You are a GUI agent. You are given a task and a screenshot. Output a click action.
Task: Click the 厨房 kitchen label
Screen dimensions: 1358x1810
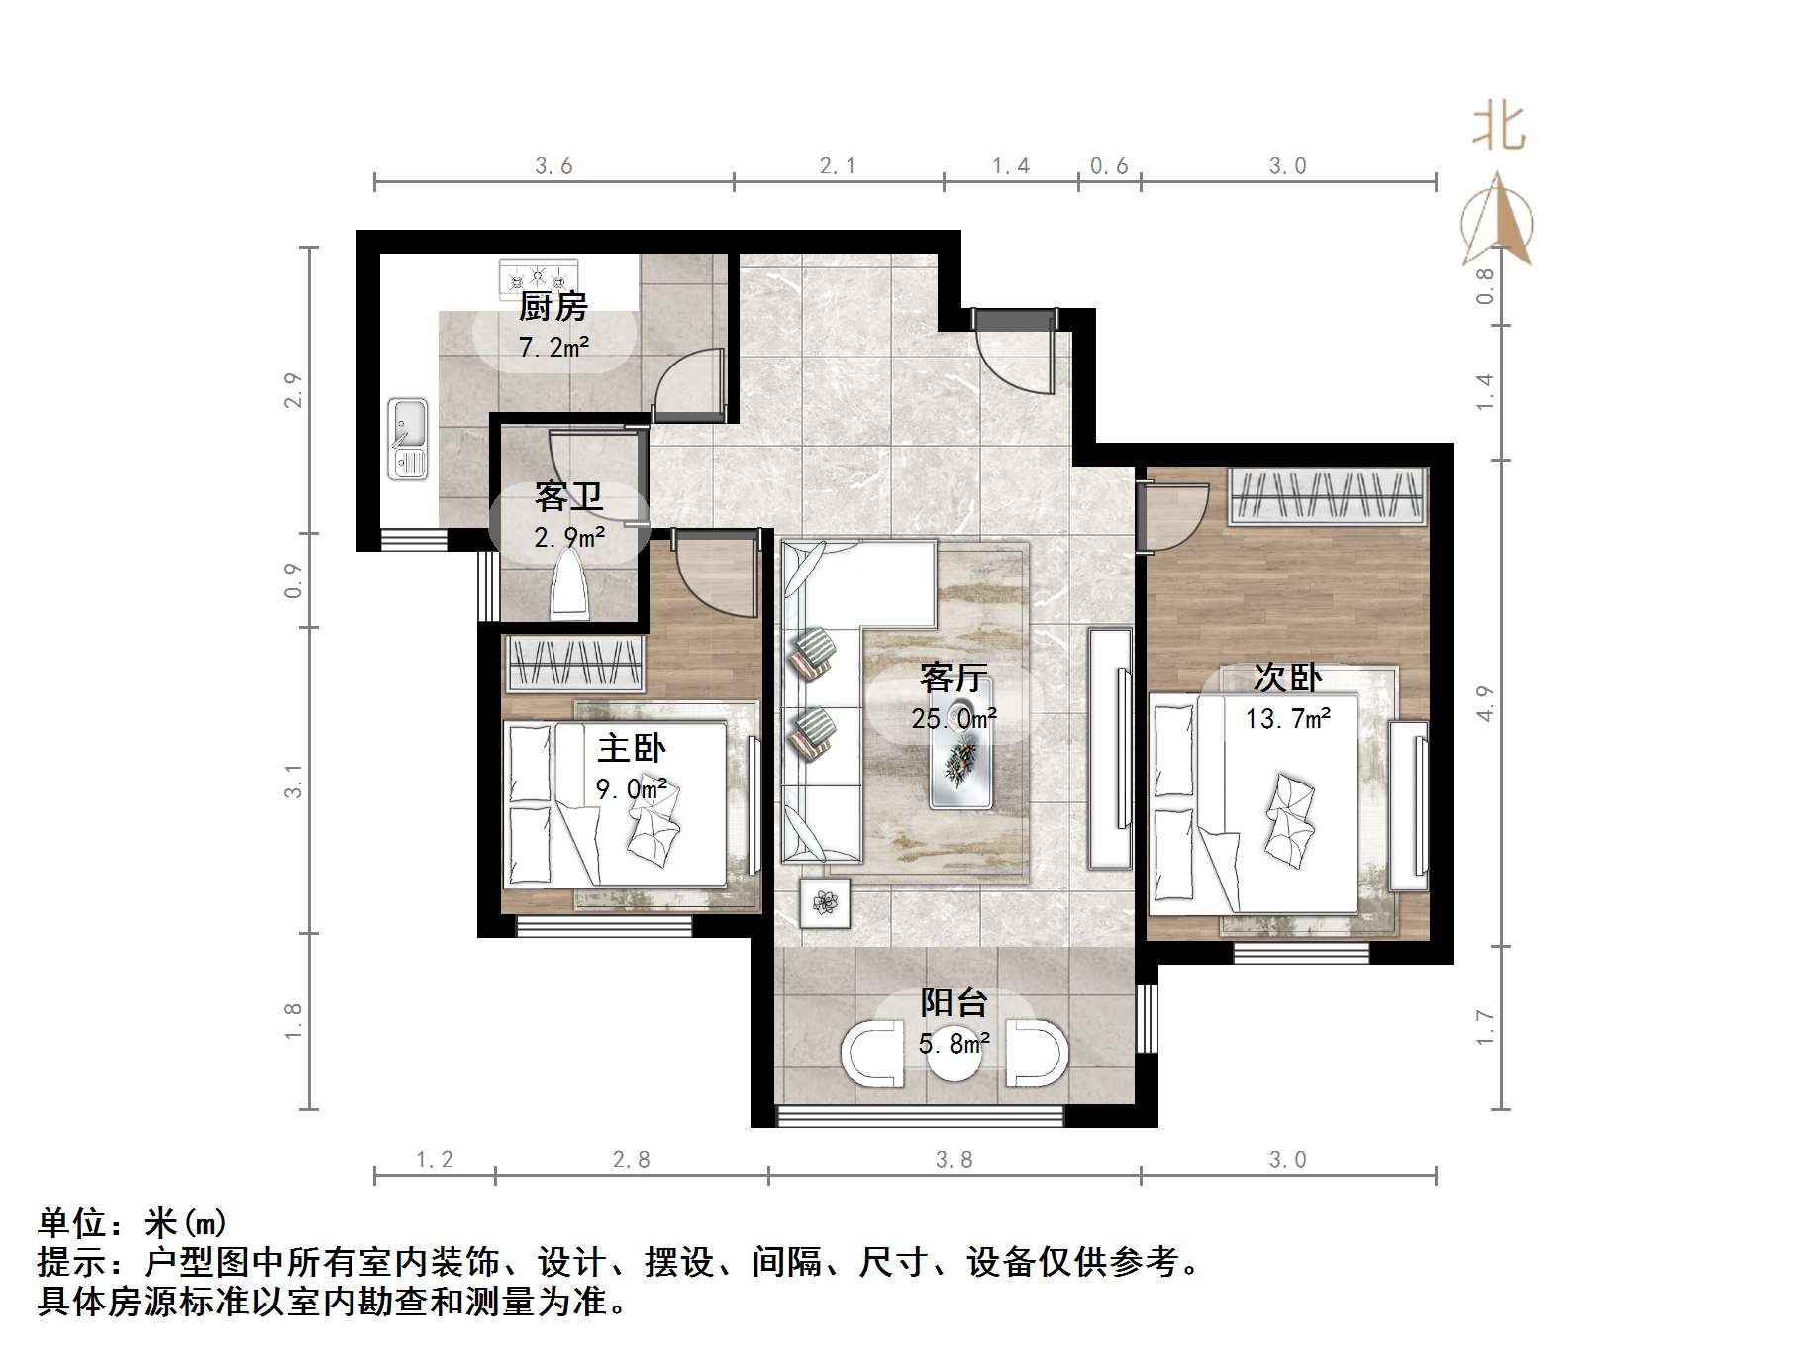[x=553, y=307]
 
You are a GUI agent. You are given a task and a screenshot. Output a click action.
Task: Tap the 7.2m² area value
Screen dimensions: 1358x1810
[x=553, y=347]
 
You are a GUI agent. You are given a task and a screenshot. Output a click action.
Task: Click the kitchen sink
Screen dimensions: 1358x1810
[x=407, y=438]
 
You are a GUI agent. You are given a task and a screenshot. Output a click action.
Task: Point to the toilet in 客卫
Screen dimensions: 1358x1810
[x=569, y=585]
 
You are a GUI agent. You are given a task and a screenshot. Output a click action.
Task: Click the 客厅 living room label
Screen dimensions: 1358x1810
[x=954, y=678]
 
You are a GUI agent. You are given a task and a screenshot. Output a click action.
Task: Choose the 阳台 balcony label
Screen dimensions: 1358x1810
[x=954, y=1002]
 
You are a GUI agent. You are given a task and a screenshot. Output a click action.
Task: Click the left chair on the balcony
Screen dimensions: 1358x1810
[x=872, y=1052]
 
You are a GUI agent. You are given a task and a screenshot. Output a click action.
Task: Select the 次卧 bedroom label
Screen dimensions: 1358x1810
[x=1287, y=678]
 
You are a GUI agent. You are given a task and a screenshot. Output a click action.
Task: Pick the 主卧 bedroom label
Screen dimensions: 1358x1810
[x=632, y=748]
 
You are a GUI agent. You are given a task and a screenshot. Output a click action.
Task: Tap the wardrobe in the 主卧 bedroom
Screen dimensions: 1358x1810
[x=574, y=664]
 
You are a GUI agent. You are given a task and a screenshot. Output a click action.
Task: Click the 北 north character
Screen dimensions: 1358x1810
[x=1499, y=129]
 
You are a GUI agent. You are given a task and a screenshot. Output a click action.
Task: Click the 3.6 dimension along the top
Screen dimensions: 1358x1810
[x=553, y=166]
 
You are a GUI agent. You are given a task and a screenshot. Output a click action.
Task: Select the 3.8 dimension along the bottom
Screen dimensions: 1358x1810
[x=955, y=1160]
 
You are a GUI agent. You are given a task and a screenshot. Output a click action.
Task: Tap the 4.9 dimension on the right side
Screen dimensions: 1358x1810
[x=1484, y=703]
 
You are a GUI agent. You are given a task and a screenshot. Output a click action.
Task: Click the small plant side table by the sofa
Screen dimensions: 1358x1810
[x=825, y=902]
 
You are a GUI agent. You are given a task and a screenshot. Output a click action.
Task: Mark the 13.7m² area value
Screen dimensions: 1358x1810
[x=1287, y=718]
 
